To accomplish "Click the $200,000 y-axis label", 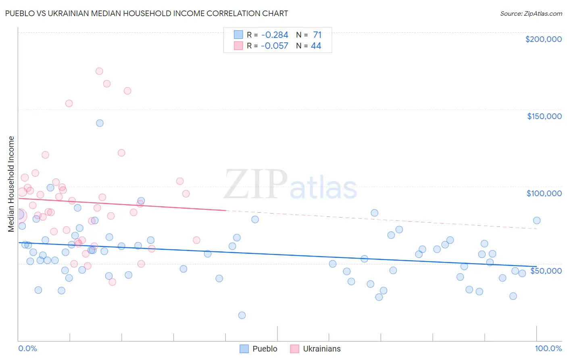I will point(543,39).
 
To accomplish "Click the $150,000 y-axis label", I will point(544,116).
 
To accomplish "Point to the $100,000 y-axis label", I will point(544,193).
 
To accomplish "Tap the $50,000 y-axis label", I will point(546,270).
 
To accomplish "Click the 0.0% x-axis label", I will point(27,348).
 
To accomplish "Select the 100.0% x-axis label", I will point(548,348).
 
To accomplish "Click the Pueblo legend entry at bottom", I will point(258,349).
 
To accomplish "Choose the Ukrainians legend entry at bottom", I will point(315,349).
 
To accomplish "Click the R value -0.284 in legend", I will point(275,35).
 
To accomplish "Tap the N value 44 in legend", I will point(316,46).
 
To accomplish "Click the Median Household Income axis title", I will point(11,184).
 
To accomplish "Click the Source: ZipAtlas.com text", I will point(531,14).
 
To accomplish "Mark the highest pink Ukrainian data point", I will point(99,71).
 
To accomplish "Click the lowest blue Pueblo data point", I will point(242,315).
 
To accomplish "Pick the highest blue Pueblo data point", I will point(100,123).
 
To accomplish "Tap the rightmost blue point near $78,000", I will point(537,220).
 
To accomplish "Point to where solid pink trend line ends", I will point(225,210).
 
